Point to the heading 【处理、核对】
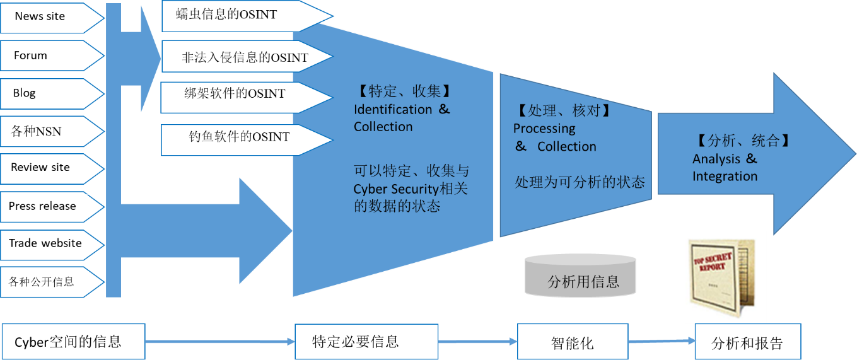tap(564, 111)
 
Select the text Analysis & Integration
tap(725, 168)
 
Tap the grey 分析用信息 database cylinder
tap(580, 276)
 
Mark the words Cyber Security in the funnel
tap(395, 189)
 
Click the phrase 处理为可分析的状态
tap(580, 182)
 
